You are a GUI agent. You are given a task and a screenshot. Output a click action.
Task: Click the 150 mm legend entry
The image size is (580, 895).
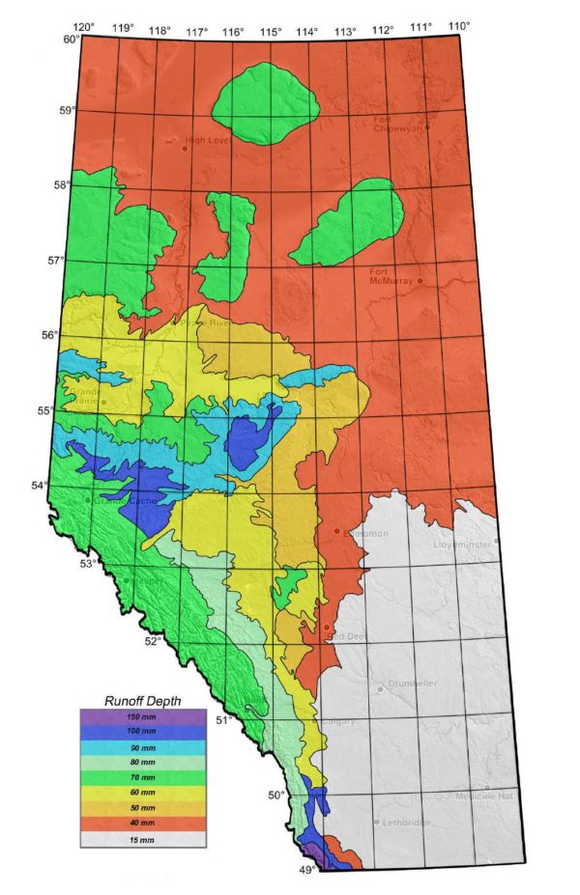coord(130,717)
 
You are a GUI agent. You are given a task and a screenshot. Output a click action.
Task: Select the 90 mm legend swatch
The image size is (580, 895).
coord(130,748)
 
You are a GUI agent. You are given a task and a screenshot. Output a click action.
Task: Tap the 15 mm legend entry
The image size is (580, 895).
coord(130,840)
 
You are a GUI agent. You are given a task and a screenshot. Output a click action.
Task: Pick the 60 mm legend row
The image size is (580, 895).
coord(130,794)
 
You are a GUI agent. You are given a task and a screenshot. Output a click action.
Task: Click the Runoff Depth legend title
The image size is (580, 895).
coord(130,701)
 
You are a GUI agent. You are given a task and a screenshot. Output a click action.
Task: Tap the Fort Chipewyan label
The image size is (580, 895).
coord(398,124)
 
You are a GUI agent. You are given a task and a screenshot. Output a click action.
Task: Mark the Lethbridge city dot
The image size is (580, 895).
coord(376,822)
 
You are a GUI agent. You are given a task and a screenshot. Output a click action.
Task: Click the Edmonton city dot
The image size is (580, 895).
coord(336,531)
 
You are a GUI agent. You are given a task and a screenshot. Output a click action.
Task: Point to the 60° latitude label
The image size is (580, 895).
coord(71,40)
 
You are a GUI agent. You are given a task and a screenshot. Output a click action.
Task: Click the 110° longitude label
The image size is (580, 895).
coord(459,25)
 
